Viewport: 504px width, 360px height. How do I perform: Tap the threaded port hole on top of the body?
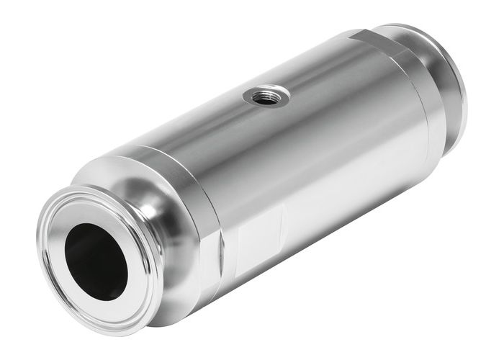[x=266, y=95]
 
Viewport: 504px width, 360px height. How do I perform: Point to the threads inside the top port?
[x=269, y=91]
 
